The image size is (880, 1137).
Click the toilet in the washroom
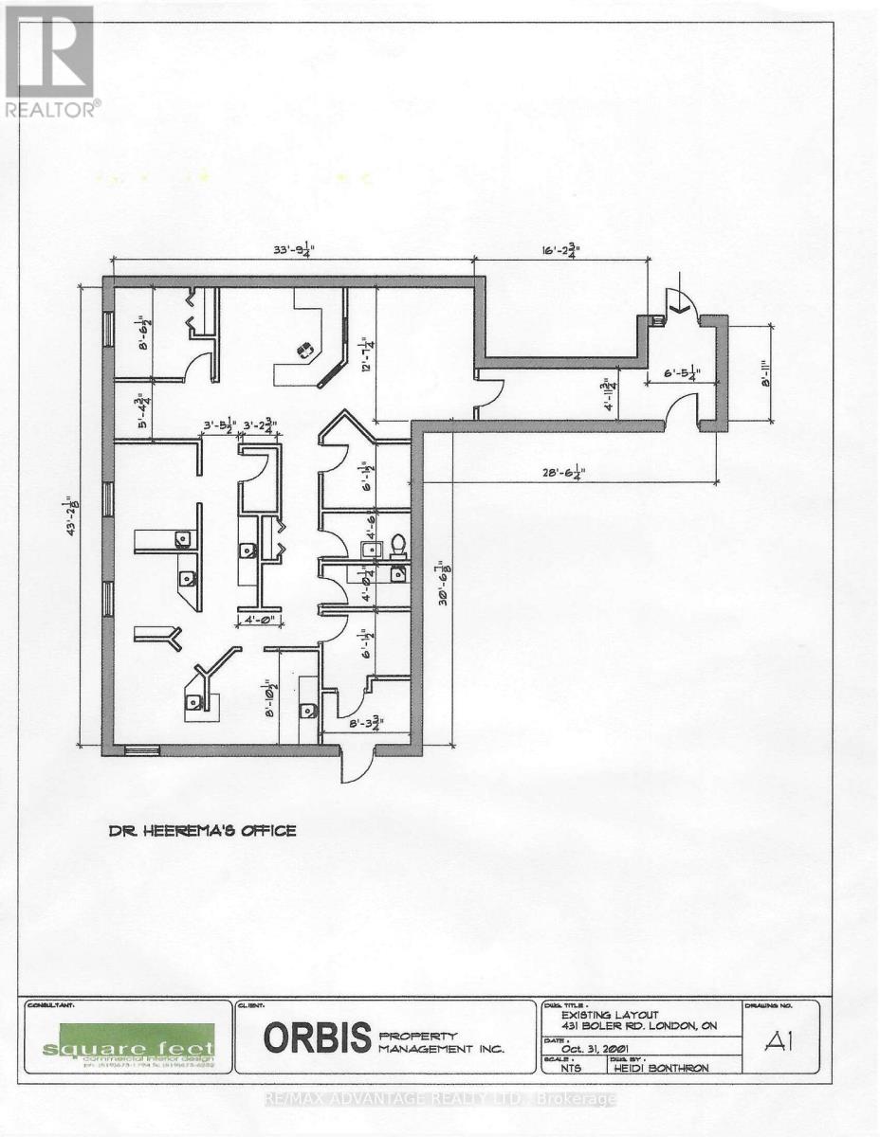click(398, 545)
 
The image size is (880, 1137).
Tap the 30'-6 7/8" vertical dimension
click(442, 577)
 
